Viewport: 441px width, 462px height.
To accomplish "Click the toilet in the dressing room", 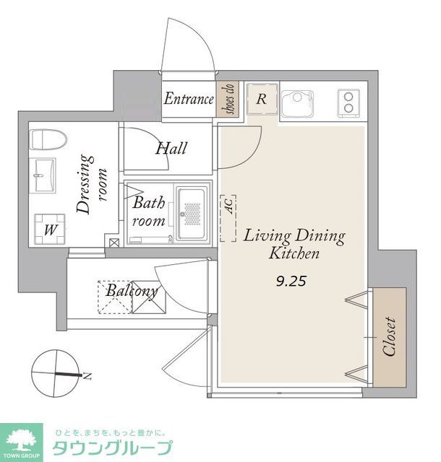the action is [x=48, y=139].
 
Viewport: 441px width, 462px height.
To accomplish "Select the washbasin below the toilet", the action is [x=43, y=175].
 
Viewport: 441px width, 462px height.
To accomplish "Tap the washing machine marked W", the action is [x=50, y=230].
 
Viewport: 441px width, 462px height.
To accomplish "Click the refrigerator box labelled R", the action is [x=262, y=99].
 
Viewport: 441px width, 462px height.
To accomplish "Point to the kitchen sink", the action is [x=297, y=104].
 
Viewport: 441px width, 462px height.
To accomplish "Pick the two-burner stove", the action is [x=348, y=103].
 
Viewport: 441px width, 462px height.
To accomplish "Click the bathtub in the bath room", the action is [x=192, y=214].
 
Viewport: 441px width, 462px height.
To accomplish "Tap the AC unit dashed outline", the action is [x=228, y=218].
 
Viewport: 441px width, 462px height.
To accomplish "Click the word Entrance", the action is [x=189, y=99].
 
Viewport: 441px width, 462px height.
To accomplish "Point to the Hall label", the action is [x=171, y=148].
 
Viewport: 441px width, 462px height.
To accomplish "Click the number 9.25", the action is [x=291, y=282].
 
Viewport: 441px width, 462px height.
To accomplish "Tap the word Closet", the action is [x=389, y=336].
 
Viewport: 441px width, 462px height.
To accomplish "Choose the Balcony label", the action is [x=132, y=291].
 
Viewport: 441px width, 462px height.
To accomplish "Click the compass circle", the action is [x=55, y=373].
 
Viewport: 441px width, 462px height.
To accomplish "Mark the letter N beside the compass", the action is [x=87, y=376].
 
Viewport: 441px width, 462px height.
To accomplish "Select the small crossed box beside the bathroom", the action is [x=114, y=243].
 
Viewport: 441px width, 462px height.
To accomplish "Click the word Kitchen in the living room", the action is [x=294, y=253].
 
